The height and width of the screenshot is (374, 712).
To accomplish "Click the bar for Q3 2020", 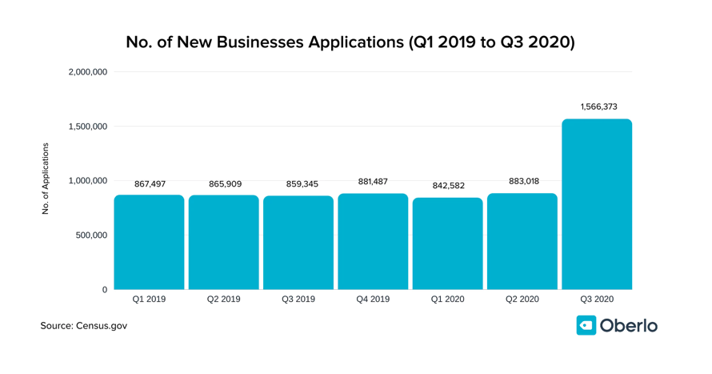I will pos(597,204).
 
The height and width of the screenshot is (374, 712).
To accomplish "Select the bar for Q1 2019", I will pos(149,242).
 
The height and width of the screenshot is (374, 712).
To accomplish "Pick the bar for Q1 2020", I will pos(447,243).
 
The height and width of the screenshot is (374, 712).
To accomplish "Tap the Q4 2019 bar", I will pos(373,241).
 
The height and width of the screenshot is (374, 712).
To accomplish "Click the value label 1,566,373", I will pos(598,107).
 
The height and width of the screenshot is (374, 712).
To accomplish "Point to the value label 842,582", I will pos(447,185).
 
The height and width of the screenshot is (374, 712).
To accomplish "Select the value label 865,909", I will pos(225,184).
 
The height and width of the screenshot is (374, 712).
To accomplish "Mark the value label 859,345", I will pos(299,184).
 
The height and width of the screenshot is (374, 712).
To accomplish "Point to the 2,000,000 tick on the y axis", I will pos(88,72).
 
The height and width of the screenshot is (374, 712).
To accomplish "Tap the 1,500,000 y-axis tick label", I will pos(88,127).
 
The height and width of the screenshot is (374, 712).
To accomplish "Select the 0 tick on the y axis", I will pos(104,290).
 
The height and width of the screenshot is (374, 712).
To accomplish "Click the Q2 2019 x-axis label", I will pos(223,300).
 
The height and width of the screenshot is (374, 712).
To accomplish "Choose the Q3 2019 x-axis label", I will pos(298,300).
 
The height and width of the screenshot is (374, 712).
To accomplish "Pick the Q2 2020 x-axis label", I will pos(522,300).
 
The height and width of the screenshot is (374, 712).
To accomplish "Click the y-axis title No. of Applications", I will pos(46,179).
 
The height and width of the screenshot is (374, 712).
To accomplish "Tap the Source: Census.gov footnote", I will pos(84,326).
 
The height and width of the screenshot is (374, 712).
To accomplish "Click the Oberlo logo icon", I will pos(586,325).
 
